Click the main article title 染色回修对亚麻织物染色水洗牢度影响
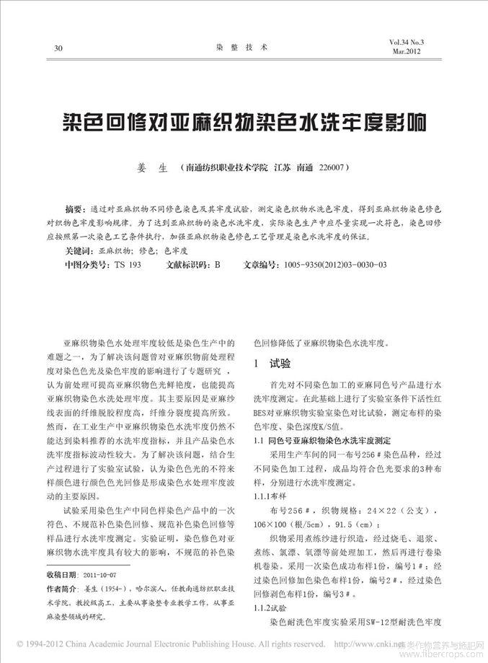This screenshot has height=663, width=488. pyautogui.click(x=243, y=121)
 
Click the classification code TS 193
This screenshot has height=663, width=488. pyautogui.click(x=128, y=265)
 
